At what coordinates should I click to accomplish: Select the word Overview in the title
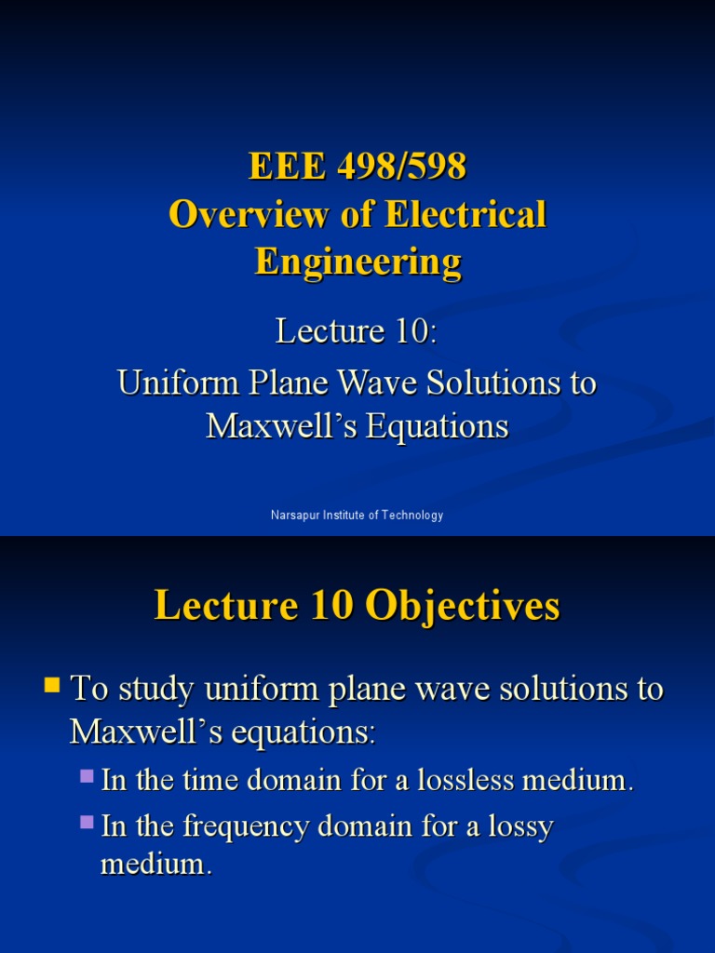(x=239, y=215)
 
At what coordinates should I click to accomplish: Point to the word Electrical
(x=465, y=215)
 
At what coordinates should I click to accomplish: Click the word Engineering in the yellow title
(x=357, y=262)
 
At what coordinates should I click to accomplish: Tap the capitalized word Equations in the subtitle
(x=437, y=426)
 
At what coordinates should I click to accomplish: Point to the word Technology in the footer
(x=411, y=516)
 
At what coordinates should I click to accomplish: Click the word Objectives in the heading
(x=463, y=606)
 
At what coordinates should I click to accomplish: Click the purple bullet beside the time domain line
(x=88, y=775)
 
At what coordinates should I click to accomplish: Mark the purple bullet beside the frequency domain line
(x=88, y=822)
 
